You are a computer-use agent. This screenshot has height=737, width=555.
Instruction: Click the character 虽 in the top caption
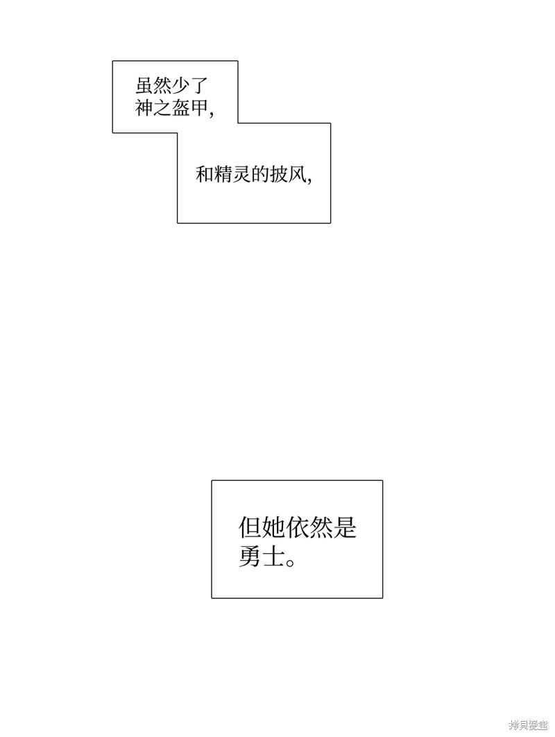tap(144, 87)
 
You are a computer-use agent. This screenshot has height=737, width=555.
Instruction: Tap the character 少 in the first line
tap(180, 87)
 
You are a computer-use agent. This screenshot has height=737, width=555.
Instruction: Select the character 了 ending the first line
tap(198, 87)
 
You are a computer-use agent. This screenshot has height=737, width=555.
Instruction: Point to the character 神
tap(144, 108)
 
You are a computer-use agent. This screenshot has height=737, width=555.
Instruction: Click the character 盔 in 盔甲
tap(180, 108)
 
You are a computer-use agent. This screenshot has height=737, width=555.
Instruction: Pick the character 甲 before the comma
tap(198, 108)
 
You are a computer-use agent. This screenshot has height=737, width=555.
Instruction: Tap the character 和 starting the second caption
tap(205, 174)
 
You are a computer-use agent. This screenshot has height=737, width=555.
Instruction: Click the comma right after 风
tap(309, 180)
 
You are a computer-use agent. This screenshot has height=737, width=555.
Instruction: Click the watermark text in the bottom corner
tap(528, 726)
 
